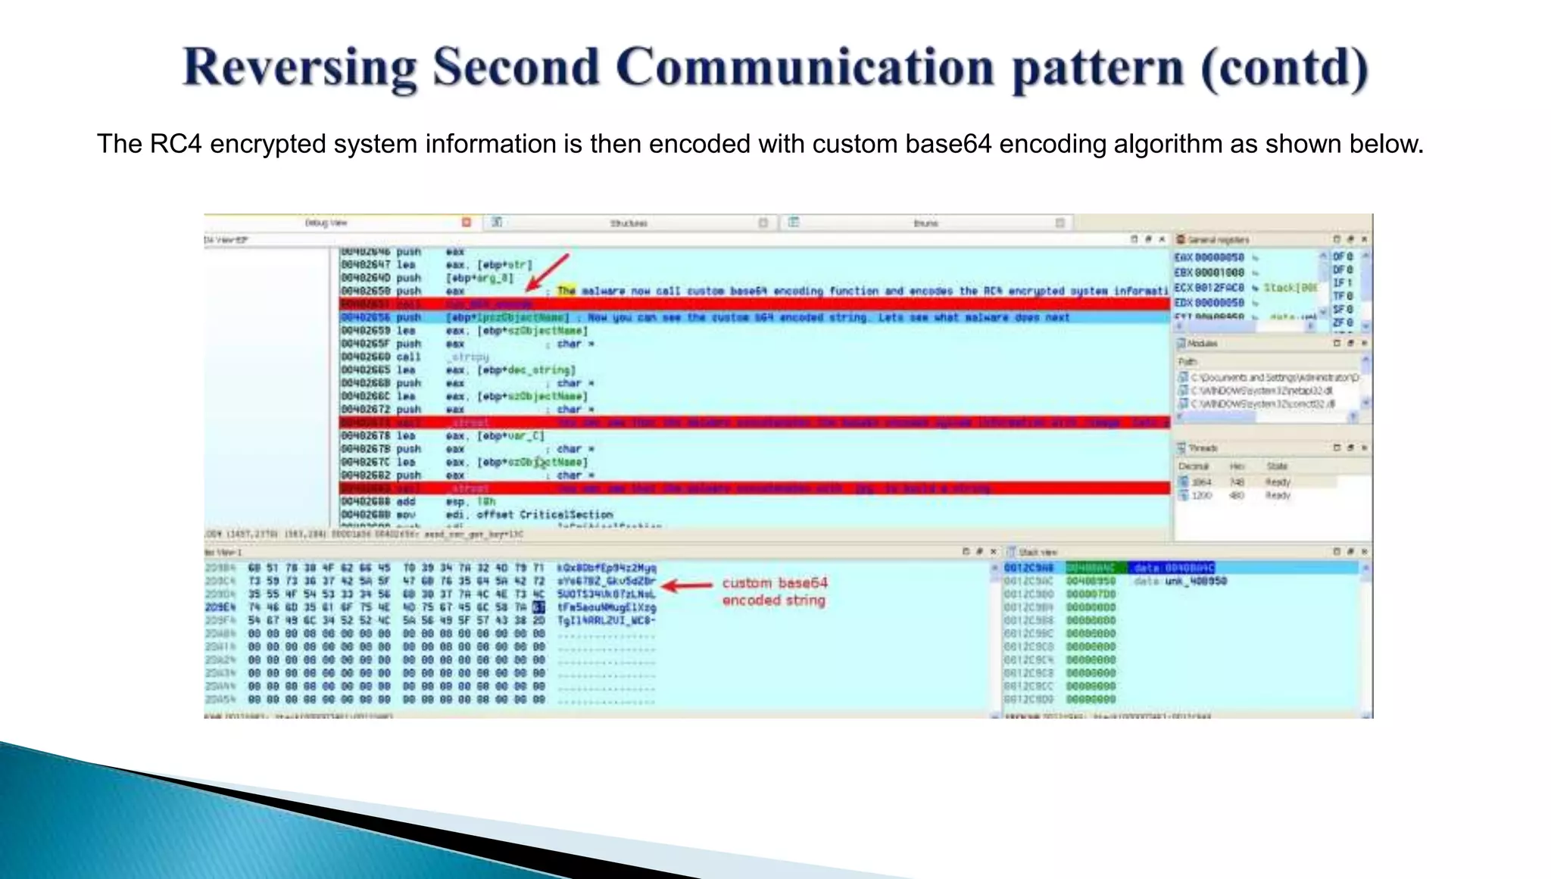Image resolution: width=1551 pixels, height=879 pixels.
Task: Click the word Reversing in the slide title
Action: click(299, 68)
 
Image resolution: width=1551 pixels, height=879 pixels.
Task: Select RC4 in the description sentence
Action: click(176, 144)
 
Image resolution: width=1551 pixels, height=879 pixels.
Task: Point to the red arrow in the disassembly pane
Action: click(547, 273)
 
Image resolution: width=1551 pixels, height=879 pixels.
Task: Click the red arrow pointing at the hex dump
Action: click(686, 585)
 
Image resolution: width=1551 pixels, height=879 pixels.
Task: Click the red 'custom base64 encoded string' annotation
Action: click(774, 591)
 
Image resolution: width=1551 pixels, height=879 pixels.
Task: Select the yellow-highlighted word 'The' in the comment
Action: click(566, 291)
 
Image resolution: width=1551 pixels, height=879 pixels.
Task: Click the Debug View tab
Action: click(326, 223)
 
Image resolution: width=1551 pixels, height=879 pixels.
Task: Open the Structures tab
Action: click(629, 223)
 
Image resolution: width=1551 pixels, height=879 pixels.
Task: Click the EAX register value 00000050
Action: click(1219, 257)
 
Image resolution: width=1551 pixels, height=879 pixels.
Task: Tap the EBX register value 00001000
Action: click(1219, 273)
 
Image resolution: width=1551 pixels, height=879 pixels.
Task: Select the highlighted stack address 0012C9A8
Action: click(1028, 568)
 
